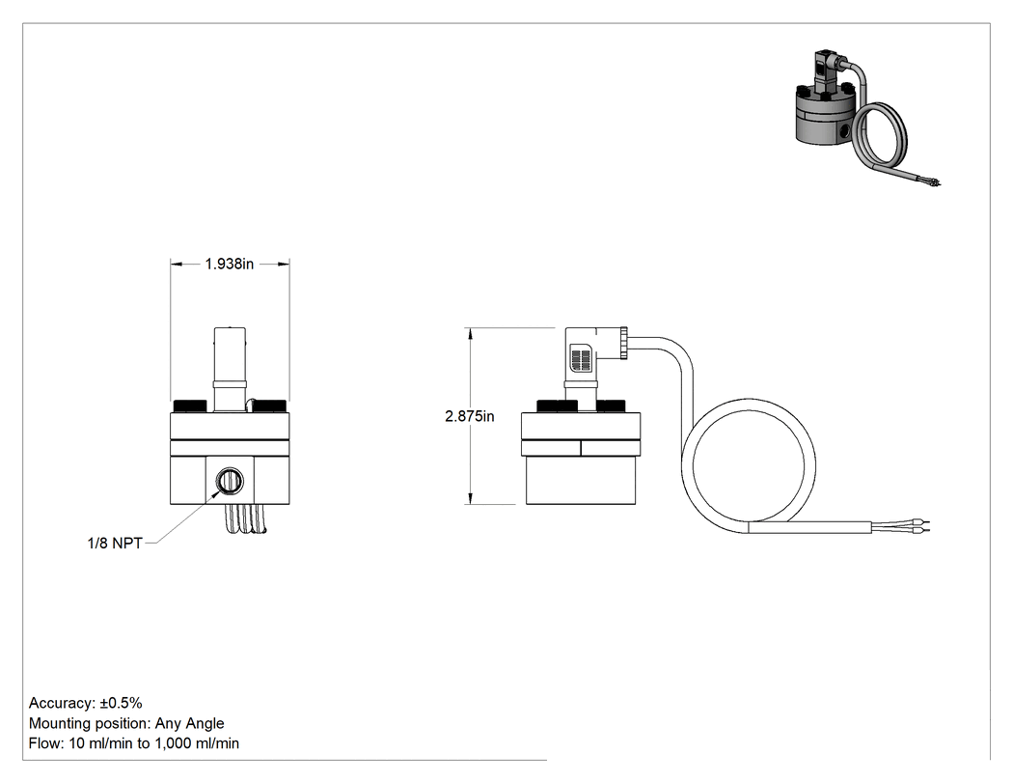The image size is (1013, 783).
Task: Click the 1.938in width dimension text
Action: [230, 264]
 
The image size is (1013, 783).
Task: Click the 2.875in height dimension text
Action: [470, 416]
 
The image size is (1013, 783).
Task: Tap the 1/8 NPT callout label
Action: [115, 544]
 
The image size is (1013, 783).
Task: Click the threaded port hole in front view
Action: [230, 481]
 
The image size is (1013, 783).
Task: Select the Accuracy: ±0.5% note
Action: [85, 703]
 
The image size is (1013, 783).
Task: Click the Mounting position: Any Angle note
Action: [126, 723]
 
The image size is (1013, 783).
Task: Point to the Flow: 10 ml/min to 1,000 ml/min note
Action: [134, 742]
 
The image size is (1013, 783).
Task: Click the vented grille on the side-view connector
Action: [582, 360]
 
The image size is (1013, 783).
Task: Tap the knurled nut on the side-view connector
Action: [623, 344]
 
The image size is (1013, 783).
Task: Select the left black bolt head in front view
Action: [189, 406]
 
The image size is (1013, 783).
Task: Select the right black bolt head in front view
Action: [269, 406]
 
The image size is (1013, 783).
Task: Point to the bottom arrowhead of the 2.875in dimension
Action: [471, 499]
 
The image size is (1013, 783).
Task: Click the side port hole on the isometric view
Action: [845, 131]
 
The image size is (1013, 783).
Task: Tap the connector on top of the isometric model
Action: [825, 70]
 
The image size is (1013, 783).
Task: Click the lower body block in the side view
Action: [581, 481]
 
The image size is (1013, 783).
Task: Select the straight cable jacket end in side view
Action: [810, 527]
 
